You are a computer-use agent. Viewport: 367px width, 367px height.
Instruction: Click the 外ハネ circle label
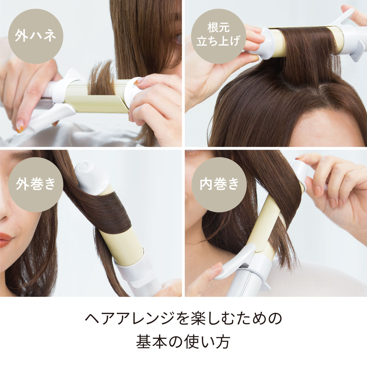coord(36,36)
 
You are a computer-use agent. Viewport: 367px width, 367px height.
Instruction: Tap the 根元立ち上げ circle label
coord(218,36)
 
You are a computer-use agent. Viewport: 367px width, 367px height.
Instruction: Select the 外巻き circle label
coord(36,185)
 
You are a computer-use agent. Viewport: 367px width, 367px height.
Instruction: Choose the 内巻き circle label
coord(219,185)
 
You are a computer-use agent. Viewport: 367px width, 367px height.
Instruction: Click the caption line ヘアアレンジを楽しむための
coord(183,319)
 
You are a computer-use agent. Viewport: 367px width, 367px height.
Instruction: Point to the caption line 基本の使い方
coord(183,341)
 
